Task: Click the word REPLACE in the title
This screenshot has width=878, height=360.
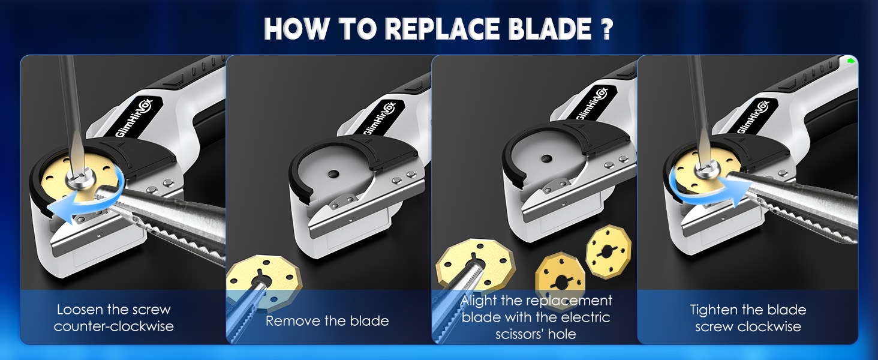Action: pyautogui.click(x=432, y=28)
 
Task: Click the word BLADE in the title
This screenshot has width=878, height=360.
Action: pyautogui.click(x=542, y=28)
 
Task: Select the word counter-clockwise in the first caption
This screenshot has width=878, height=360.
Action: pyautogui.click(x=114, y=327)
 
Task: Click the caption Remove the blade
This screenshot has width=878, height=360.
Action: pyautogui.click(x=327, y=321)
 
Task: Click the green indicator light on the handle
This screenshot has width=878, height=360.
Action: pyautogui.click(x=850, y=61)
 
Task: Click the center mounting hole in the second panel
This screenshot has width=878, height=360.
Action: pyautogui.click(x=334, y=173)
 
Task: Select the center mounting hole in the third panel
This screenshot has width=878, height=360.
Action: pyautogui.click(x=546, y=159)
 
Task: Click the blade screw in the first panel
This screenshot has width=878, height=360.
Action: pyautogui.click(x=78, y=178)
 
